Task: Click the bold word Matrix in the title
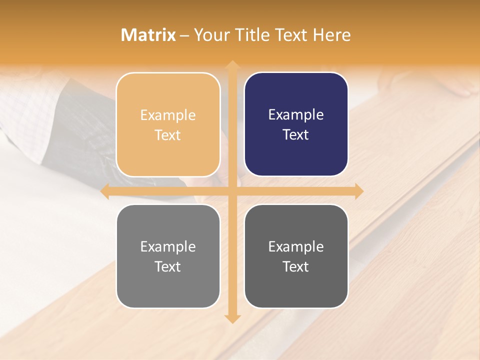(148, 35)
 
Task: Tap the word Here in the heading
(331, 35)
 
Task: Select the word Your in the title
(210, 35)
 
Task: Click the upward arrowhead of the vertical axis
(232, 65)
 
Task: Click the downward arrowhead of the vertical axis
(232, 318)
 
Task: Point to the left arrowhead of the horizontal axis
(105, 191)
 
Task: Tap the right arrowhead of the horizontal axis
(358, 191)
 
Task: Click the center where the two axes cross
(232, 191)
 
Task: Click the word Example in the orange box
(168, 115)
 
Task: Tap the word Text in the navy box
(296, 135)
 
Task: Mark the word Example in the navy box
(296, 115)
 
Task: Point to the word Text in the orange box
(168, 135)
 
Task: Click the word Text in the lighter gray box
(168, 267)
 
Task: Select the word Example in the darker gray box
(296, 247)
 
